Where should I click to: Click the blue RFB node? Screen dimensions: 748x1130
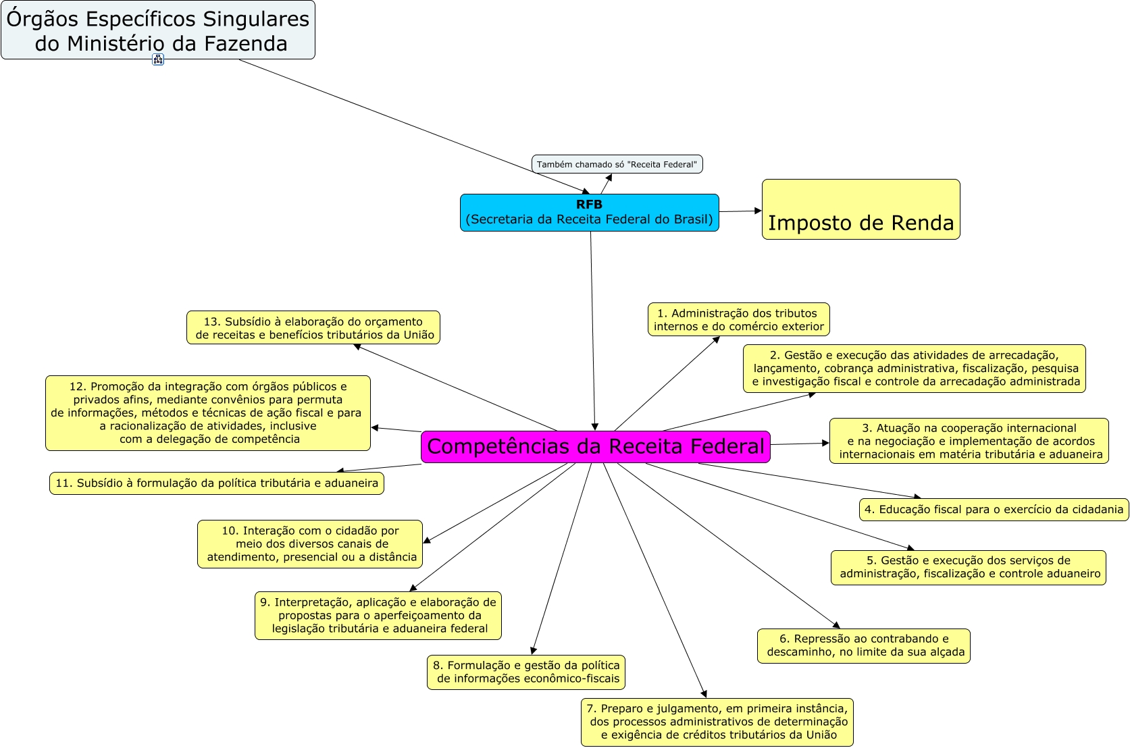pos(589,213)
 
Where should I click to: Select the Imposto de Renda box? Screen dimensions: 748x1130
pos(861,210)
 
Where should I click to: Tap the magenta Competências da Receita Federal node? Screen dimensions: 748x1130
pos(595,447)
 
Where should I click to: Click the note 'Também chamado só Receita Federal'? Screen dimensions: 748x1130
pos(617,164)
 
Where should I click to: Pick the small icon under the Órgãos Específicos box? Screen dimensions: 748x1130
pos(158,59)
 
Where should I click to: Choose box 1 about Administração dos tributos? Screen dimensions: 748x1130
pos(738,320)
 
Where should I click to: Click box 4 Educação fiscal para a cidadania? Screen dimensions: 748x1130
pos(994,510)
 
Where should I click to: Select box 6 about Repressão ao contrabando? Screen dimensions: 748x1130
pos(863,646)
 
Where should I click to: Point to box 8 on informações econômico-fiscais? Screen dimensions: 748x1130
pos(526,672)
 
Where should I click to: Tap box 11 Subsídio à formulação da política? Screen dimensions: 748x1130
pos(216,483)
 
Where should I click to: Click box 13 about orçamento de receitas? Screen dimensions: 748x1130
pos(313,328)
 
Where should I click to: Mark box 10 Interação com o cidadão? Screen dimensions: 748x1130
pos(310,544)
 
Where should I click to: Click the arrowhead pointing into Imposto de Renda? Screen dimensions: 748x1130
pos(758,211)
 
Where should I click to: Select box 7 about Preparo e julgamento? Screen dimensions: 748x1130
pos(717,722)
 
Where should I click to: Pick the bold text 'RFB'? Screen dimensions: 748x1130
pos(589,205)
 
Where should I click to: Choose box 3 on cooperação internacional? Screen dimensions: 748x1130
pos(969,442)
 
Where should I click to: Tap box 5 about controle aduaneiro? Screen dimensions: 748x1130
pos(968,568)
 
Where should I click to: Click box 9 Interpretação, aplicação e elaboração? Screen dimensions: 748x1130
pos(378,616)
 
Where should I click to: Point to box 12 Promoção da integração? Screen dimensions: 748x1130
pos(207,413)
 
